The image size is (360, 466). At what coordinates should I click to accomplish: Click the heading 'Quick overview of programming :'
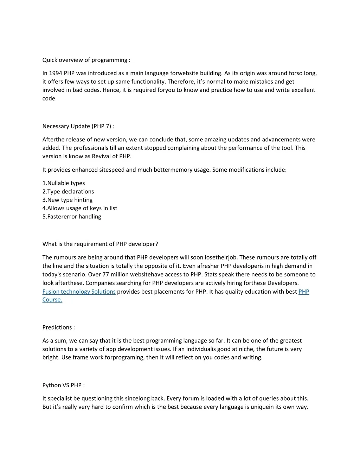coord(86,60)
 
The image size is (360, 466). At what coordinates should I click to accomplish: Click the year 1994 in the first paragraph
coord(56,73)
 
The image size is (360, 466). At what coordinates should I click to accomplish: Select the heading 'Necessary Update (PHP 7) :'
coord(78,126)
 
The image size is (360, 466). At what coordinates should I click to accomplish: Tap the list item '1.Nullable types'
coord(64,183)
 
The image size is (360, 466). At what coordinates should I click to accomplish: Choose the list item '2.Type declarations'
coord(68,191)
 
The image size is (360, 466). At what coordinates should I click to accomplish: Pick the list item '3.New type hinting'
coord(67,200)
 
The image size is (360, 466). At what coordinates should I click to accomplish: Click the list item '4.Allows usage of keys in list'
coord(80,208)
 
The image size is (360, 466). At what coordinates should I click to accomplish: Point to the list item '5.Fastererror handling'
coord(72,217)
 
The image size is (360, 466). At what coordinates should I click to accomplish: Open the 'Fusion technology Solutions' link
coord(79,292)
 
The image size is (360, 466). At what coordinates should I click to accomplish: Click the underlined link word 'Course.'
coord(52,300)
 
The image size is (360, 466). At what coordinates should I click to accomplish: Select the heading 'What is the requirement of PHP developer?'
coord(100,244)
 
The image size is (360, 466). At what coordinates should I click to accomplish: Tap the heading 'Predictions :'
coord(58,327)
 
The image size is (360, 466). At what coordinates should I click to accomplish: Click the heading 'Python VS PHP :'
coord(63,385)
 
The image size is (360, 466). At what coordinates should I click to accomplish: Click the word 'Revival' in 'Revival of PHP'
coord(102,156)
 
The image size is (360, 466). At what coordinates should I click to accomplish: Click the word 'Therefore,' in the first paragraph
coord(180,82)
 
